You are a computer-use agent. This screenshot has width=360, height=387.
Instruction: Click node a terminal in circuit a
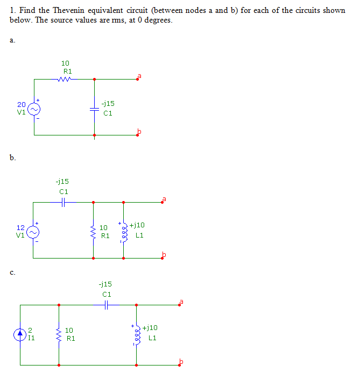tap(137, 80)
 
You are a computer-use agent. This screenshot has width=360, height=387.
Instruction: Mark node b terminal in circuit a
tap(137, 135)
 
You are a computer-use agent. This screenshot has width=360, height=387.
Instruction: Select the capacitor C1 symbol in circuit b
tap(63, 202)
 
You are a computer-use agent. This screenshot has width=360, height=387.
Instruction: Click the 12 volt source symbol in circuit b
tap(33, 231)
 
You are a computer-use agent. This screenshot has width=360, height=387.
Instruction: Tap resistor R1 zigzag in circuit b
tap(94, 232)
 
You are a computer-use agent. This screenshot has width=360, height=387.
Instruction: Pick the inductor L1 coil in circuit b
tap(124, 232)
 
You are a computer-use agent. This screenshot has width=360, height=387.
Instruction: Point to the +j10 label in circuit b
tap(137, 226)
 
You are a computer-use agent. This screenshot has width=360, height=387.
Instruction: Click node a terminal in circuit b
tap(163, 202)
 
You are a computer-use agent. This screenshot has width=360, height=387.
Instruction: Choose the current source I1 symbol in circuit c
tap(20, 334)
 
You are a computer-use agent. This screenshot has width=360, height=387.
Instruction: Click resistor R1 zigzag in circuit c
tap(59, 334)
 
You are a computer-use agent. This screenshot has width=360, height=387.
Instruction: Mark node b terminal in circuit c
tap(181, 364)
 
